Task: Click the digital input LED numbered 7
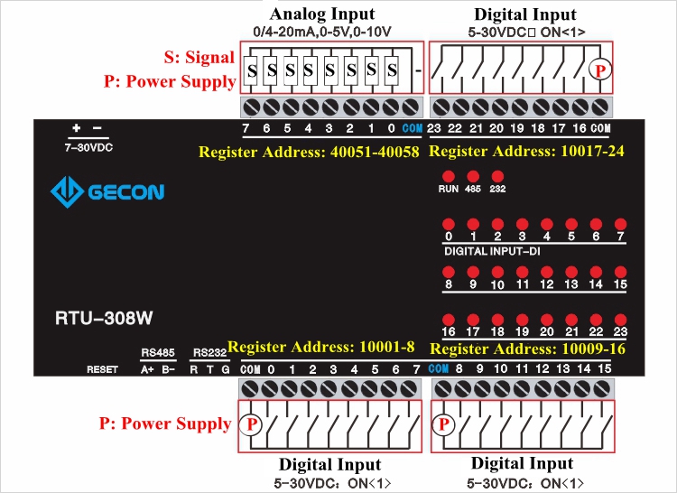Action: click(619, 224)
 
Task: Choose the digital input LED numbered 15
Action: click(619, 271)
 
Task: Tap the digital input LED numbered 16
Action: click(448, 319)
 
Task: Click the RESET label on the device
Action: click(102, 369)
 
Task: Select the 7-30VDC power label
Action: click(88, 145)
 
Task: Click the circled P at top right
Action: click(598, 69)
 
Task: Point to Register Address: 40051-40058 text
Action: click(309, 152)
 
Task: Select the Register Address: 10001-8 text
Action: click(321, 347)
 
